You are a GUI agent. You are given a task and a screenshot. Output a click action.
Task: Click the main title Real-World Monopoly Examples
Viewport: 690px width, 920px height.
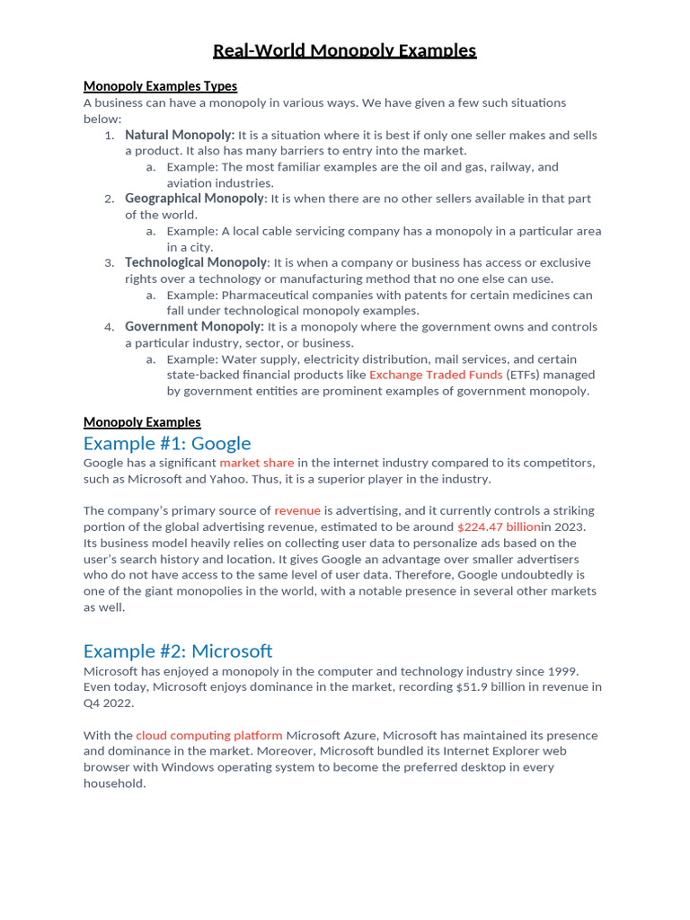click(344, 50)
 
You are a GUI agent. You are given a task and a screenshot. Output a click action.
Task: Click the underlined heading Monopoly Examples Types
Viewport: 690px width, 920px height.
click(160, 86)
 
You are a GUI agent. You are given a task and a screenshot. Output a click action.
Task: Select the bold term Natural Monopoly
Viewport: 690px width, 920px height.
click(180, 135)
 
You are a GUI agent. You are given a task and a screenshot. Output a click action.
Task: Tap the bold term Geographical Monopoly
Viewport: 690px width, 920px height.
click(194, 199)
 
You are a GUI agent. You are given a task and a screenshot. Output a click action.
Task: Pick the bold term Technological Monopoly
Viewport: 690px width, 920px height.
click(196, 262)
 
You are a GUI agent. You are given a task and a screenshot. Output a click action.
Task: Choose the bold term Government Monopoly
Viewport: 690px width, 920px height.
click(194, 327)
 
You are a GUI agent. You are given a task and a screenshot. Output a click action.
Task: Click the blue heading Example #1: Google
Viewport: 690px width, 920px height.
click(167, 443)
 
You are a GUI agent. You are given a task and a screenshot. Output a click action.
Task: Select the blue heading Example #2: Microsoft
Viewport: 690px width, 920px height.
click(178, 650)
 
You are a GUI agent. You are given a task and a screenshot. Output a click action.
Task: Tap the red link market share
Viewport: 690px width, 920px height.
click(257, 463)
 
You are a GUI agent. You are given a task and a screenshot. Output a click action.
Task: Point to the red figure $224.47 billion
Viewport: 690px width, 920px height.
click(499, 526)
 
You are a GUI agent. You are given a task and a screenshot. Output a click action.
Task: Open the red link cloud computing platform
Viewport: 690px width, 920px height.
click(209, 735)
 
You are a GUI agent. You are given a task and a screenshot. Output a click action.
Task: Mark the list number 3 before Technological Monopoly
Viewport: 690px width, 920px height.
click(109, 263)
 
